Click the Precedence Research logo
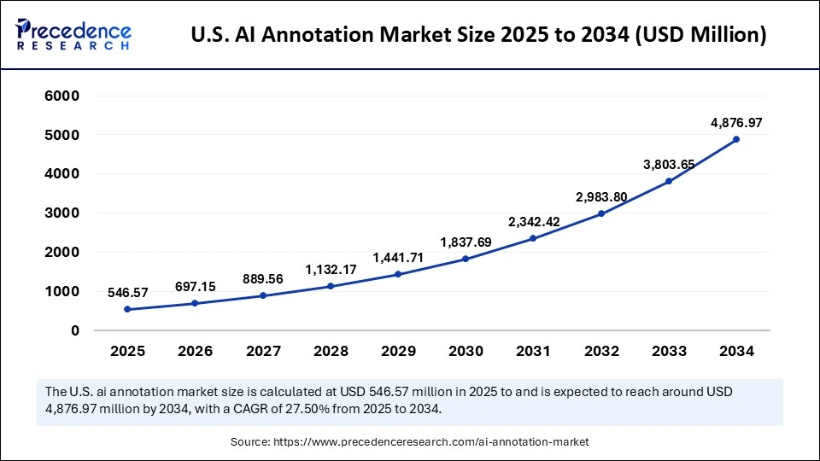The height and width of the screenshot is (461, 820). tap(73, 35)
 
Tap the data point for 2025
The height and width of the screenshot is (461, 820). tap(127, 309)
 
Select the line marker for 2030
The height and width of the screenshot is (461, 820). tap(466, 259)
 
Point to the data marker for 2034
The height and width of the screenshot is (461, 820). tap(736, 139)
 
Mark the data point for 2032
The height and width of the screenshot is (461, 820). tap(601, 213)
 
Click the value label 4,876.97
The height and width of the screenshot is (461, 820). tap(736, 123)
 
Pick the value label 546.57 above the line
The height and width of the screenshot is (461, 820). tap(127, 293)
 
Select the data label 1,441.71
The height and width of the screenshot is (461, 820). tap(399, 257)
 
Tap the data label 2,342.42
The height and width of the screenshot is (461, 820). tap(534, 222)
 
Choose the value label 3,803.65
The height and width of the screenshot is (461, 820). tap(669, 165)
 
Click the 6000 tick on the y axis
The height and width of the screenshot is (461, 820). tap(62, 96)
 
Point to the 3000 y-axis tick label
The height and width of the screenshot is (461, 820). tap(62, 213)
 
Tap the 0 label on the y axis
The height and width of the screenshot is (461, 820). tap(75, 330)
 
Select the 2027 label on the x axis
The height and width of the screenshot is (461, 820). tap(263, 351)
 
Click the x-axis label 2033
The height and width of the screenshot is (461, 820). tap(669, 351)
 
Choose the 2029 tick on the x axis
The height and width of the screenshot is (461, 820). tap(399, 351)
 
